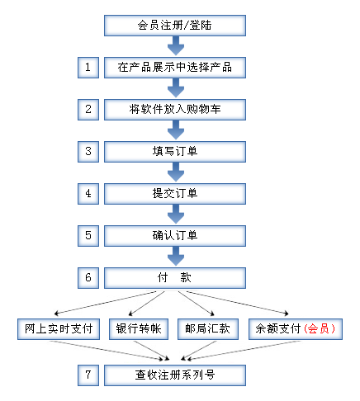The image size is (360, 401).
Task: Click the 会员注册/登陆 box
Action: click(175, 26)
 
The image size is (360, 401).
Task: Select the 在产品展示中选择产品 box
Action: click(175, 68)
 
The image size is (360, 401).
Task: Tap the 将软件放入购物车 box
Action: click(175, 110)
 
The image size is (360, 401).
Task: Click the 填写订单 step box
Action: click(175, 152)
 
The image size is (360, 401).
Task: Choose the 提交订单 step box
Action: click(175, 194)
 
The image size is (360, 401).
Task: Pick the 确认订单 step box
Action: click(175, 236)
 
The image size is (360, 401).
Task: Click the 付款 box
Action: click(175, 278)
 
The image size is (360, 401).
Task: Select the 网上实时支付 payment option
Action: click(59, 329)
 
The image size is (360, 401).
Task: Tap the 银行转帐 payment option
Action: click(139, 329)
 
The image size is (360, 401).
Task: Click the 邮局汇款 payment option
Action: click(208, 329)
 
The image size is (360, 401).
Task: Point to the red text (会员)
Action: click(320, 329)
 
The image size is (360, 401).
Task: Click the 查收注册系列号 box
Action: click(175, 375)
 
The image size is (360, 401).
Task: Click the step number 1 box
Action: click(88, 68)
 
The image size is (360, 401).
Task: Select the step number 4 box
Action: click(88, 194)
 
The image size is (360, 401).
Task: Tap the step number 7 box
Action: click(88, 375)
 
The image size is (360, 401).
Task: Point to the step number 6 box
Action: click(88, 278)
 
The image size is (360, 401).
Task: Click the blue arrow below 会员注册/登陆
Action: click(176, 45)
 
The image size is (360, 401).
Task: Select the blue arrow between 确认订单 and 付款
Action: click(176, 256)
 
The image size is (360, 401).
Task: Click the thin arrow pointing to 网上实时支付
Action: click(106, 303)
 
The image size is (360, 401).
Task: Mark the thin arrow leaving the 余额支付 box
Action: click(244, 350)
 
